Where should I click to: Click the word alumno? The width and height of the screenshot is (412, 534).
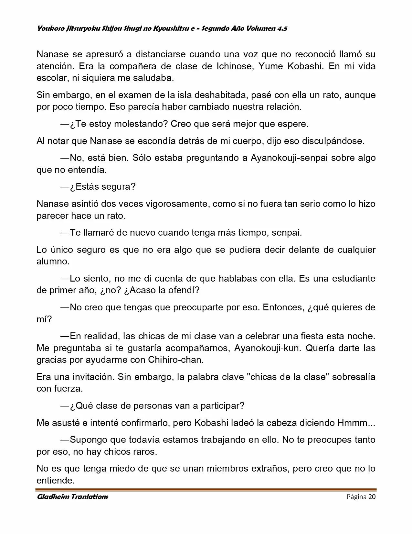pos(53,261)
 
